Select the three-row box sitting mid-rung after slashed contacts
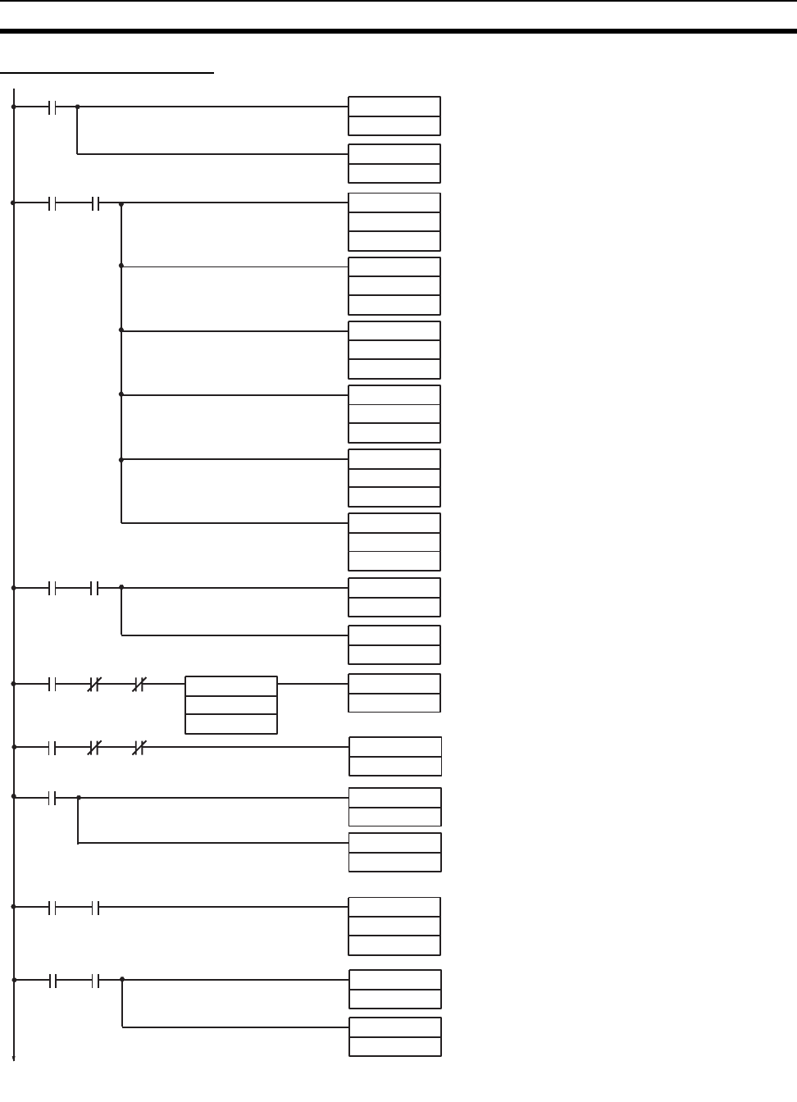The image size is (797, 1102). [231, 705]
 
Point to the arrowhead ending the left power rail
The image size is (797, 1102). [14, 1058]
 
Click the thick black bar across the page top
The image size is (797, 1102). [398, 32]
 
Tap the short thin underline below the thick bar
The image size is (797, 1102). [107, 73]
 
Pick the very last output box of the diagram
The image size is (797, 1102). [395, 1037]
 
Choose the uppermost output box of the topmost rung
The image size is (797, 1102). [394, 116]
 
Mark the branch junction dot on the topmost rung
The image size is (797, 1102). [77, 107]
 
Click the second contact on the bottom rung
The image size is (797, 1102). [95, 980]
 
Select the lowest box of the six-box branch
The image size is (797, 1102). [394, 542]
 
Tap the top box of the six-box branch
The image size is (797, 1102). [394, 222]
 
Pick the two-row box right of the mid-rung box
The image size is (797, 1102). [394, 693]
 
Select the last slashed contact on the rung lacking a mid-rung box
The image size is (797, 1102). [139, 748]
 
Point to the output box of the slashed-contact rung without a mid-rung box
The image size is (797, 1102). [395, 757]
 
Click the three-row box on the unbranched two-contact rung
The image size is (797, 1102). [394, 927]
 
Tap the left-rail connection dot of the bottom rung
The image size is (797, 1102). [14, 980]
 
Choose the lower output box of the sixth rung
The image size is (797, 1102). [395, 853]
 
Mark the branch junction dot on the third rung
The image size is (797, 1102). [121, 587]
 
